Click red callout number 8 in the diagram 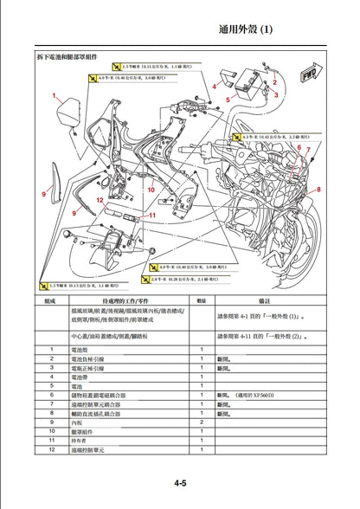click(x=319, y=188)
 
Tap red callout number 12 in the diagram click(x=100, y=199)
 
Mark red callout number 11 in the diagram click(x=153, y=215)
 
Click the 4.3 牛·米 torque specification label click(x=273, y=136)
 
